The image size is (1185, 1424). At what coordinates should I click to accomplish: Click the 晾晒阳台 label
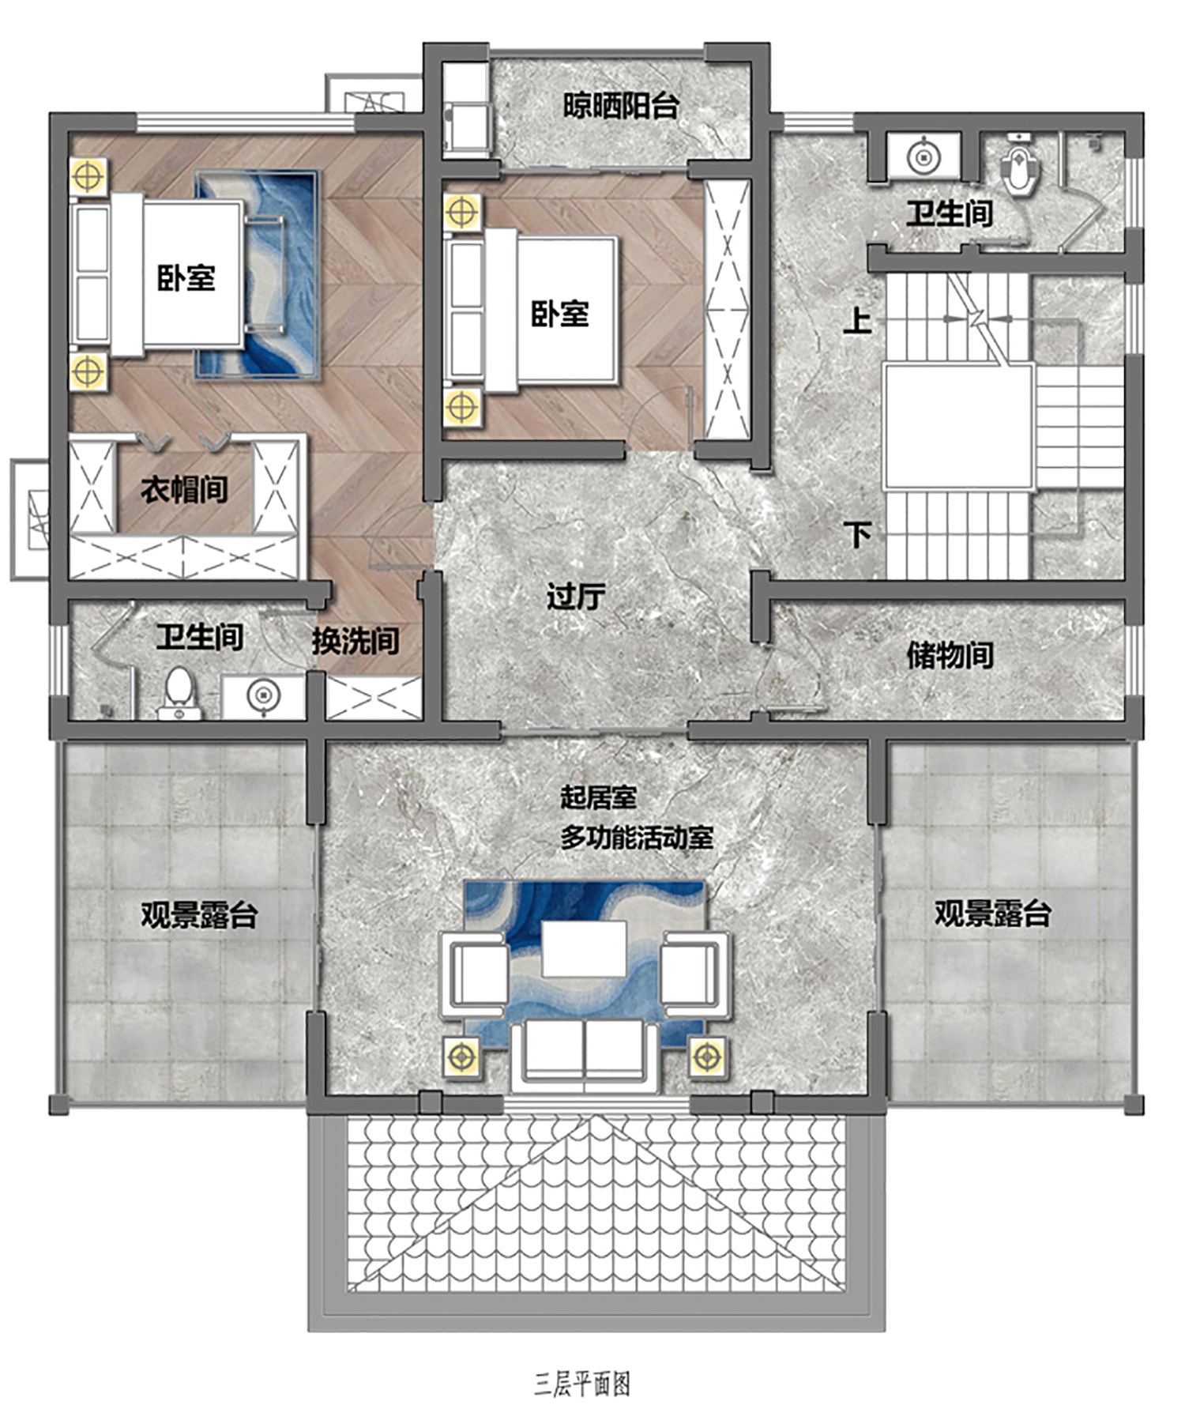click(621, 106)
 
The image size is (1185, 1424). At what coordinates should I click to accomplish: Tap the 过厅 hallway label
click(576, 596)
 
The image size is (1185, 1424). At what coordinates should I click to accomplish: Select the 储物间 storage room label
click(950, 654)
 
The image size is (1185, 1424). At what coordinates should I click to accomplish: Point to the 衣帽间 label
click(184, 489)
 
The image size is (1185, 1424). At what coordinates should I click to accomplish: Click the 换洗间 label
click(355, 640)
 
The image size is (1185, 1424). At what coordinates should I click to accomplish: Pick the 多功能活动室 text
click(637, 837)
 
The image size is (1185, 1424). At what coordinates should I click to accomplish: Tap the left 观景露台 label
click(200, 914)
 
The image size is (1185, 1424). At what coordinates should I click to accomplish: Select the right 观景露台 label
click(993, 913)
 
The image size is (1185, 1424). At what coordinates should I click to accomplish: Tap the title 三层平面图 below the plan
click(582, 1384)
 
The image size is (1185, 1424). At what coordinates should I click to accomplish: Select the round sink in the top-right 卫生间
click(924, 156)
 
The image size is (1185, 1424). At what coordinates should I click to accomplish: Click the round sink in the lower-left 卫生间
click(263, 696)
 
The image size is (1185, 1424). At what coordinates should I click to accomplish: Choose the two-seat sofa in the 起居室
click(585, 1054)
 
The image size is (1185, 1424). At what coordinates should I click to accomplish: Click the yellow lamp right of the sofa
click(707, 1056)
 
